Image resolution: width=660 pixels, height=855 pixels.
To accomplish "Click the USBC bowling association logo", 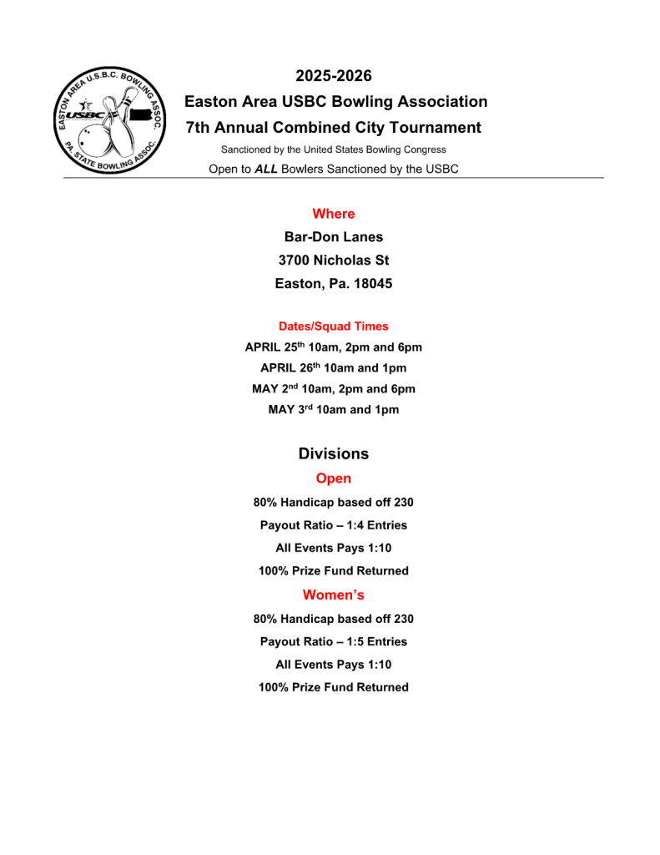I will click(109, 122).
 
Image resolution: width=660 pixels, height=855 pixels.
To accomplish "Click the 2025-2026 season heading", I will click(334, 76).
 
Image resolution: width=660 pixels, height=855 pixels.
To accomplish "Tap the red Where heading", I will click(334, 214).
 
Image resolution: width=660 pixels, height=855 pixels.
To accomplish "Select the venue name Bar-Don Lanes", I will click(334, 237).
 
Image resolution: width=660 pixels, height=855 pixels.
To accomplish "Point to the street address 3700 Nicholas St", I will click(334, 261).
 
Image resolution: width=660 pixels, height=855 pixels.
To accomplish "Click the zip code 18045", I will click(373, 284).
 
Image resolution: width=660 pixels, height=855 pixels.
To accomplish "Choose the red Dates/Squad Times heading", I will click(334, 326).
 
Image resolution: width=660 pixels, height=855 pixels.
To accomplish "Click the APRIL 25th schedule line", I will click(334, 347).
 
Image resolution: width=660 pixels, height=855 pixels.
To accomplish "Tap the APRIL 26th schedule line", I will click(334, 368).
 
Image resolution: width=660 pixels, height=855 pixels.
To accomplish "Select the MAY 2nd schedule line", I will click(334, 389).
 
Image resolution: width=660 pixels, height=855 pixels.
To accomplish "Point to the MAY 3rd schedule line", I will click(334, 410).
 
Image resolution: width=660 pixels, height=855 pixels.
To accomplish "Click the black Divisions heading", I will click(334, 454).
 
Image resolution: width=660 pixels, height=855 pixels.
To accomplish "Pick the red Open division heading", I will click(334, 478).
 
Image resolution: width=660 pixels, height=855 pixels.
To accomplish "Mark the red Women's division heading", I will click(334, 595).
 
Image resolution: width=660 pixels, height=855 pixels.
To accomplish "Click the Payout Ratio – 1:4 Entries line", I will click(334, 525).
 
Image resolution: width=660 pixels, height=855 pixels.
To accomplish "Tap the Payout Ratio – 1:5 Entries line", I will click(334, 642).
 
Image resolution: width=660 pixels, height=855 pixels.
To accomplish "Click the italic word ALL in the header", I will click(266, 169).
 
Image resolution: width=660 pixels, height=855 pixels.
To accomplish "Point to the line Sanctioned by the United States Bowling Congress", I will click(334, 149).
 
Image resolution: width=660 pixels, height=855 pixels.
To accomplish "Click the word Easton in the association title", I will click(209, 102).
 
